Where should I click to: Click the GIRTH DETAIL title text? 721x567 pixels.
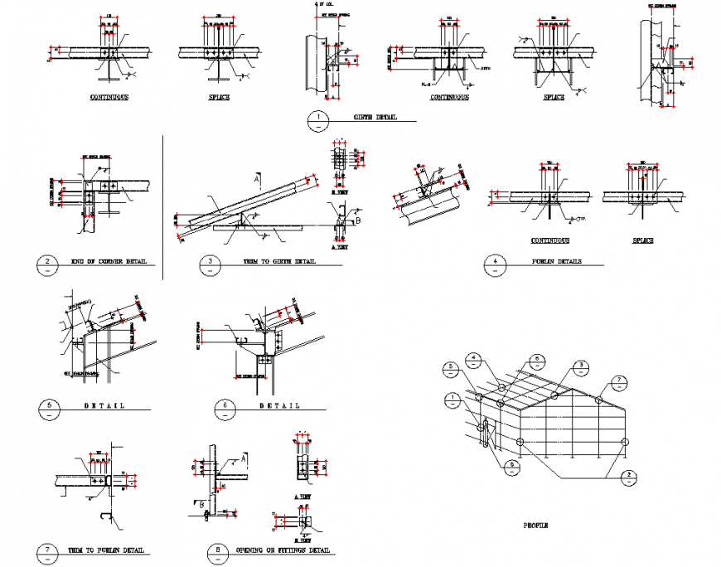(x=376, y=118)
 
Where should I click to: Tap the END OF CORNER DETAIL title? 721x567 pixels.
(x=109, y=262)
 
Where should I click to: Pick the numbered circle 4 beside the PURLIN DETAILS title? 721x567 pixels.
(x=495, y=264)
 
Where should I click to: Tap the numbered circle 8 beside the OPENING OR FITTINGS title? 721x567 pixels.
(x=216, y=553)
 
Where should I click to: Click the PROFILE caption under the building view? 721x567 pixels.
(x=535, y=526)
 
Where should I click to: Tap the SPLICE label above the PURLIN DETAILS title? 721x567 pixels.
(x=643, y=240)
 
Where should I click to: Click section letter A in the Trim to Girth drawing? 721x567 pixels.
(x=258, y=179)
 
